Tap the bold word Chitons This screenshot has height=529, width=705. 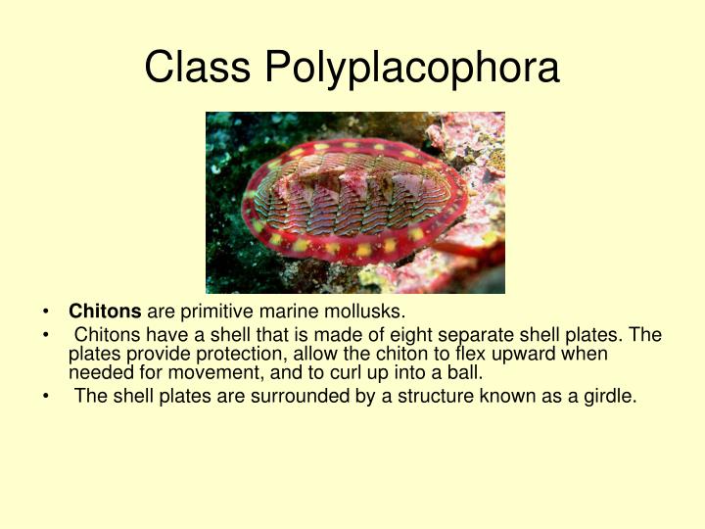pos(105,313)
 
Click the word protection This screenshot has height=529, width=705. pos(213,354)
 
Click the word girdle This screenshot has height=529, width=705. pos(609,398)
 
